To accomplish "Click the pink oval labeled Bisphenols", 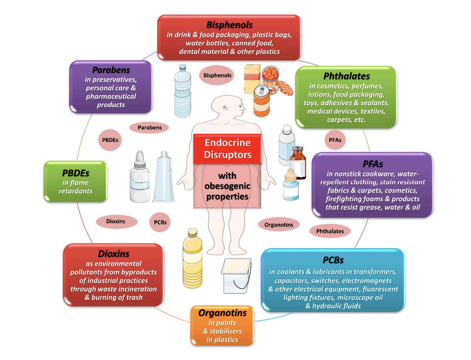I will (x=217, y=75).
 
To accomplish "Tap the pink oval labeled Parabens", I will (x=149, y=128).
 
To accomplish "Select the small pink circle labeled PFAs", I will (x=335, y=140).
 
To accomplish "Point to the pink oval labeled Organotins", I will (x=278, y=225).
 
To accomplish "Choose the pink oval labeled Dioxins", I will (x=116, y=222).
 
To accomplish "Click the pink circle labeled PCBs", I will (x=160, y=222).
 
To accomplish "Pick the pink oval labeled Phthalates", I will (x=330, y=231).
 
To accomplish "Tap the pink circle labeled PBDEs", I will (x=110, y=140).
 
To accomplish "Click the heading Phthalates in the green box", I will (x=346, y=76).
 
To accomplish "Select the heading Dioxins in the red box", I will (x=114, y=254).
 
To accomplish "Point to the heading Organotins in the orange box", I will (x=222, y=313).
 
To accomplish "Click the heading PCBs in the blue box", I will (x=333, y=260).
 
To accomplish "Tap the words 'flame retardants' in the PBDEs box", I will (x=75, y=187).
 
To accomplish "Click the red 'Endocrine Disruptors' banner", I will (x=227, y=149).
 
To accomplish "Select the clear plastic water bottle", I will (x=182, y=91).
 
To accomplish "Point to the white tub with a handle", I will (x=236, y=276).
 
